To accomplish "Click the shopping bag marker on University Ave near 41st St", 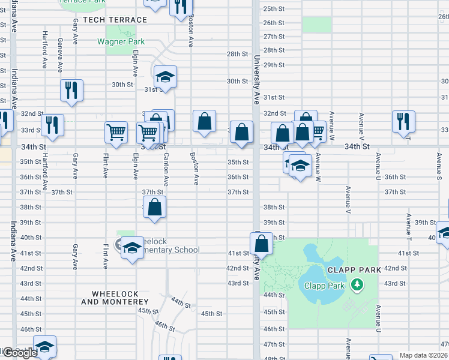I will [x=261, y=244].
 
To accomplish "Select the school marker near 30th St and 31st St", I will [x=165, y=77].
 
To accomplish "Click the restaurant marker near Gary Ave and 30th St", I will [x=71, y=91].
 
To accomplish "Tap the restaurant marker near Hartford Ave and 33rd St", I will [x=52, y=125].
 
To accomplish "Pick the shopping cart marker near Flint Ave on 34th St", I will [x=116, y=132].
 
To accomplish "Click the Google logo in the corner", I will [x=20, y=353].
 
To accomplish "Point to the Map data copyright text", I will [x=424, y=355].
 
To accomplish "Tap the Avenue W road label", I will [x=318, y=162].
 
